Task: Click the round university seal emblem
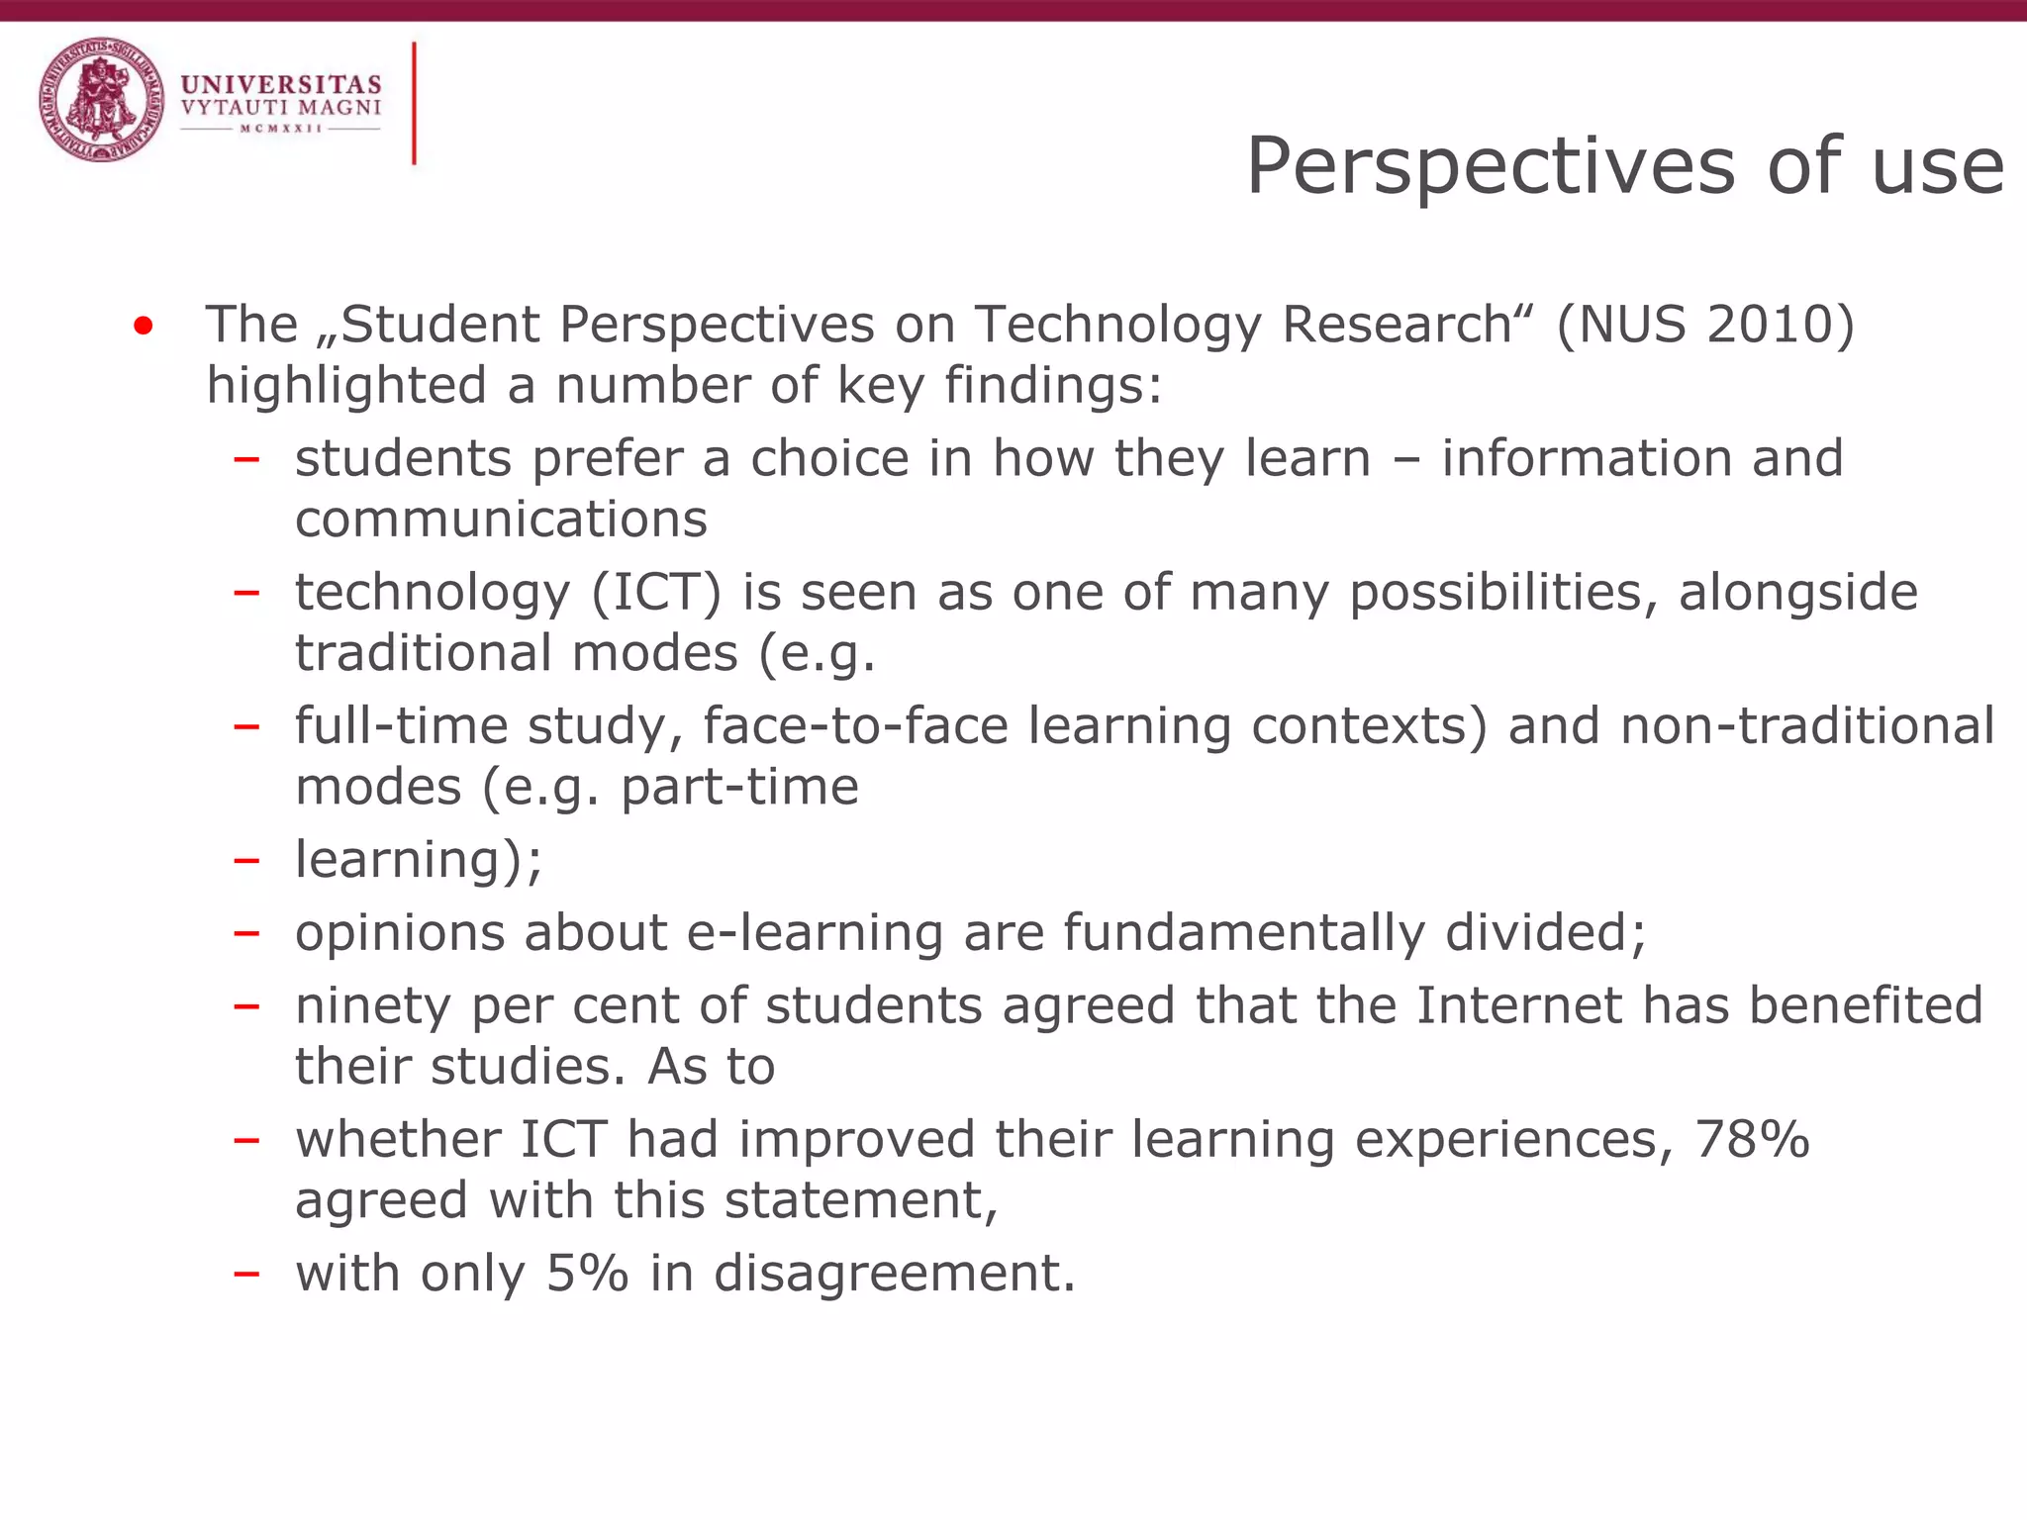click(102, 100)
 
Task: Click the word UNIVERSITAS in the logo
click(281, 85)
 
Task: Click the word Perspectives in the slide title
click(1491, 166)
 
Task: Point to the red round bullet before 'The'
click(144, 326)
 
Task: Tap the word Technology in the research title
click(1116, 325)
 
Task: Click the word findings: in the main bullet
click(1053, 385)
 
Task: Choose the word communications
click(501, 519)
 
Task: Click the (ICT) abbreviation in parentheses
click(657, 593)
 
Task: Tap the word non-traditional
click(1807, 725)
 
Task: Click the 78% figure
click(1752, 1139)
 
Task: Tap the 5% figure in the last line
click(587, 1273)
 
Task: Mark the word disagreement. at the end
click(895, 1273)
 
